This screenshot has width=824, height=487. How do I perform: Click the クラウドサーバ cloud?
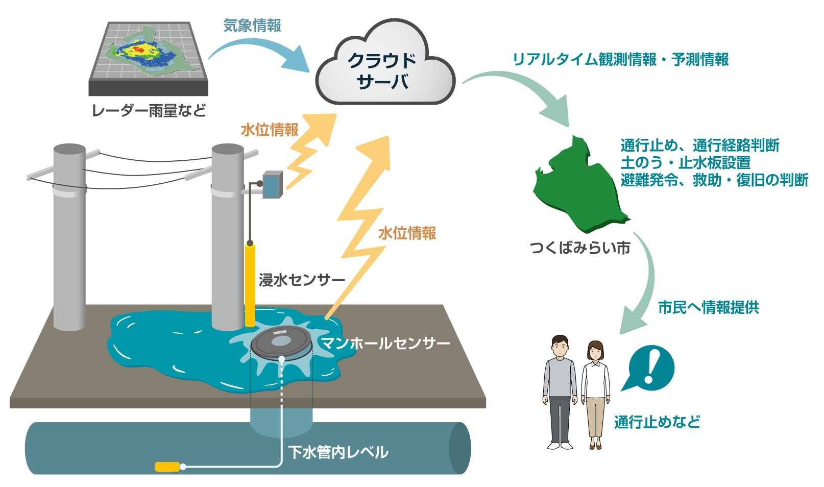point(384,69)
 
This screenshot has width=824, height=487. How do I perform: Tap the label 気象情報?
point(252,26)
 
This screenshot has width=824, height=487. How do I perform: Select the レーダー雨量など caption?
point(149,110)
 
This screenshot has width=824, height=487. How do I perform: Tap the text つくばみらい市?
point(580,248)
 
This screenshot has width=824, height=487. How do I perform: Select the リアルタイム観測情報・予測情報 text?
point(620,60)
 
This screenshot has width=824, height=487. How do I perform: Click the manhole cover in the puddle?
point(281,342)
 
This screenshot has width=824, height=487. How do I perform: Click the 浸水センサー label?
point(302,280)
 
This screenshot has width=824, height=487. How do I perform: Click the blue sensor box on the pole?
point(272,185)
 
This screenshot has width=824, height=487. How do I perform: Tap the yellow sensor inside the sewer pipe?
point(167,467)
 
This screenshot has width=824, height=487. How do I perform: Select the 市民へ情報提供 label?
point(708,307)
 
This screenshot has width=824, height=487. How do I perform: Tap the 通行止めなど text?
point(657,422)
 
